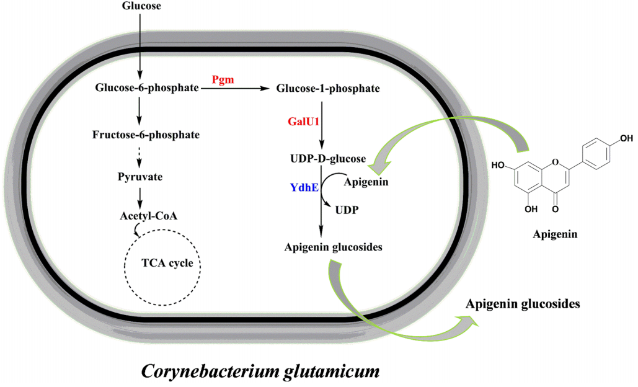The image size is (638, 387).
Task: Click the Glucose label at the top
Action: (x=140, y=6)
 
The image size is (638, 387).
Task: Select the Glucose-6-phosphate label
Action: (x=147, y=89)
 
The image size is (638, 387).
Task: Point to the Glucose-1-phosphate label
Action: (x=327, y=89)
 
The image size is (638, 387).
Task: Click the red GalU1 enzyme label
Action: (x=304, y=122)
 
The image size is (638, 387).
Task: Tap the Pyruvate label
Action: (x=140, y=177)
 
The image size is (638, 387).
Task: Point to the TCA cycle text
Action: (x=163, y=263)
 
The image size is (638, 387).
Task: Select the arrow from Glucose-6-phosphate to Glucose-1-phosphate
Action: (x=236, y=89)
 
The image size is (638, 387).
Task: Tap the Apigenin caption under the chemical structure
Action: (x=556, y=235)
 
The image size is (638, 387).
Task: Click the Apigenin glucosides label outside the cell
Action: (x=523, y=305)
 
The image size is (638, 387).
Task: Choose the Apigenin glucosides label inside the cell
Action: (x=333, y=247)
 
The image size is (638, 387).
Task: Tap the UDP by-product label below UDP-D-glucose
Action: (x=346, y=210)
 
